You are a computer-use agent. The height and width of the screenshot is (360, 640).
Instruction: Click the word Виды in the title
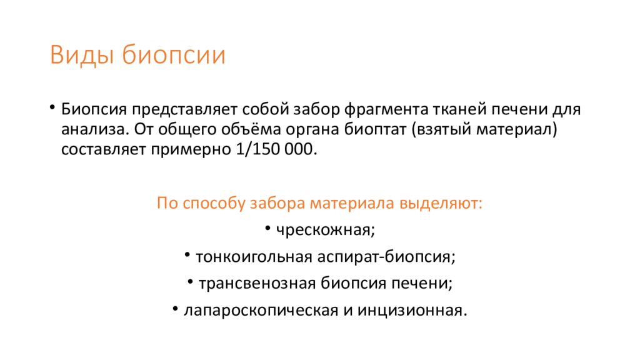[81, 55]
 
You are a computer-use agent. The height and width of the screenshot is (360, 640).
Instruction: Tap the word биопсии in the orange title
[174, 55]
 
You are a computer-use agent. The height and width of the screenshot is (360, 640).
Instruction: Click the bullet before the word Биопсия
[52, 107]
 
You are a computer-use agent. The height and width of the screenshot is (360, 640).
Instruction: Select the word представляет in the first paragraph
[184, 109]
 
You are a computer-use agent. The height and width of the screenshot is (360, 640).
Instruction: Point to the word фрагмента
[386, 109]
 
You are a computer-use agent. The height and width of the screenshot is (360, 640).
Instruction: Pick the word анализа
[96, 129]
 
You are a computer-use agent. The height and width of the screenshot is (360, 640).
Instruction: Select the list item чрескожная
[325, 230]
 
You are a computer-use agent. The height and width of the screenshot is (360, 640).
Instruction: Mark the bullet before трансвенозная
[190, 282]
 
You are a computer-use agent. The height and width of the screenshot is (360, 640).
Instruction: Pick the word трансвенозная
[257, 283]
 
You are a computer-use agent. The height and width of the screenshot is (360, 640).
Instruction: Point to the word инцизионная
[412, 311]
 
